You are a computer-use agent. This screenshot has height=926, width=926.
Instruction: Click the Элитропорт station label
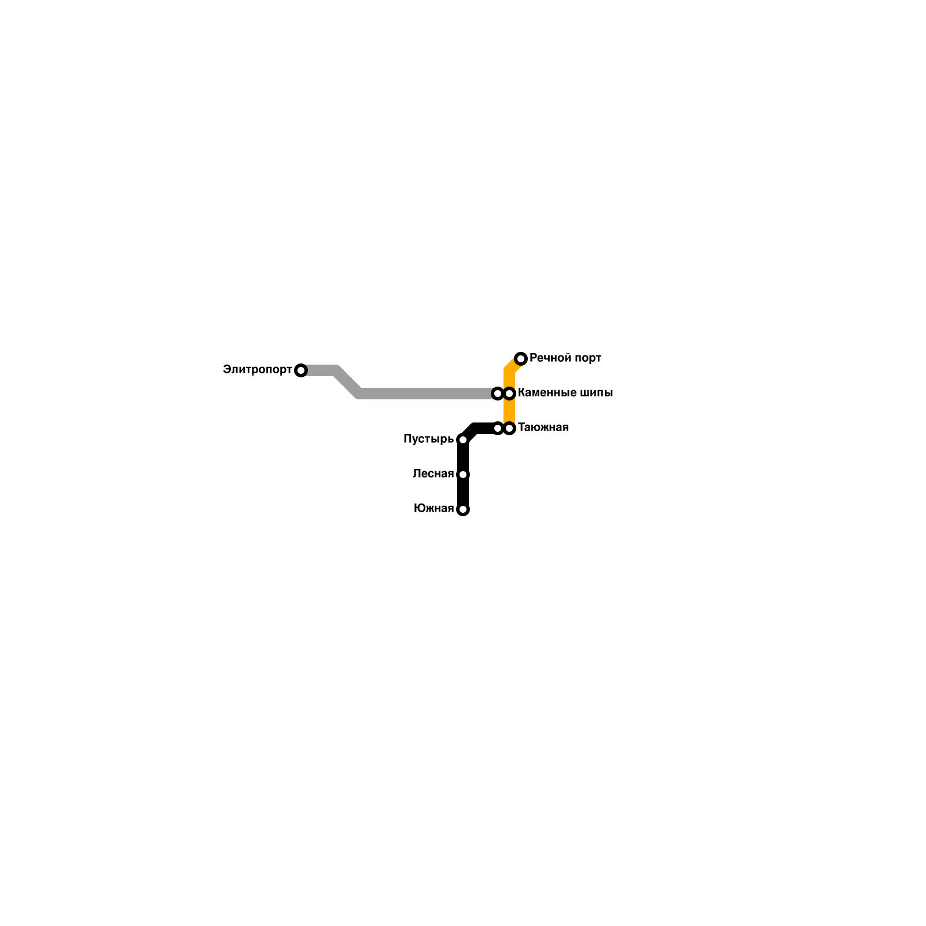coord(257,370)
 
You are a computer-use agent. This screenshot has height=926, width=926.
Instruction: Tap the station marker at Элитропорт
coord(300,370)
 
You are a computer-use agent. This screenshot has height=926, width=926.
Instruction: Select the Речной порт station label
coord(565,358)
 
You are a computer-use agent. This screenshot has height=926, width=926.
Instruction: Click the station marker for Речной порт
coord(521,359)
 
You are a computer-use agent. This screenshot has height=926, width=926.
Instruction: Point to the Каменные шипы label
coord(565,393)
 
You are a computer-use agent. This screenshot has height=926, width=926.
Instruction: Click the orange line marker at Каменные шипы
coord(509,394)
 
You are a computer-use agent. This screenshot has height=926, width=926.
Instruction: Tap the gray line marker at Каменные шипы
coord(497,394)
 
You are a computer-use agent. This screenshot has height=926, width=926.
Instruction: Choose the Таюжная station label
coord(543,428)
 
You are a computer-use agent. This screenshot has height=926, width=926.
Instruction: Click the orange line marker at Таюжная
coord(509,428)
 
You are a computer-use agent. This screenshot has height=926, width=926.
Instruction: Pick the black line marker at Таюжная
coord(498,428)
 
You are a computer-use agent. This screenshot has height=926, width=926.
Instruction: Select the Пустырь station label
coord(428,439)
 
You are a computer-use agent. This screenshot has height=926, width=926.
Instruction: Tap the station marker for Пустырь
coord(462,440)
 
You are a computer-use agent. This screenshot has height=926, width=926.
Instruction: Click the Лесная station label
coord(433,474)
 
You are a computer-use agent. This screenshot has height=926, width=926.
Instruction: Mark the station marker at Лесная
coord(462,475)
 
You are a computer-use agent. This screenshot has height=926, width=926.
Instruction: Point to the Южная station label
coord(433,509)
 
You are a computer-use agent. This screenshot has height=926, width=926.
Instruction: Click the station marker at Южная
coord(462,509)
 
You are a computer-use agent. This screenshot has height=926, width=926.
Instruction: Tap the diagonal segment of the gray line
coord(347,382)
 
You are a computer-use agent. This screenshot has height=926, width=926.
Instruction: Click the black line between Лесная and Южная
coord(462,492)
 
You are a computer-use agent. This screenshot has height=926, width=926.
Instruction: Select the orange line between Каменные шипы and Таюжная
coord(509,411)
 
